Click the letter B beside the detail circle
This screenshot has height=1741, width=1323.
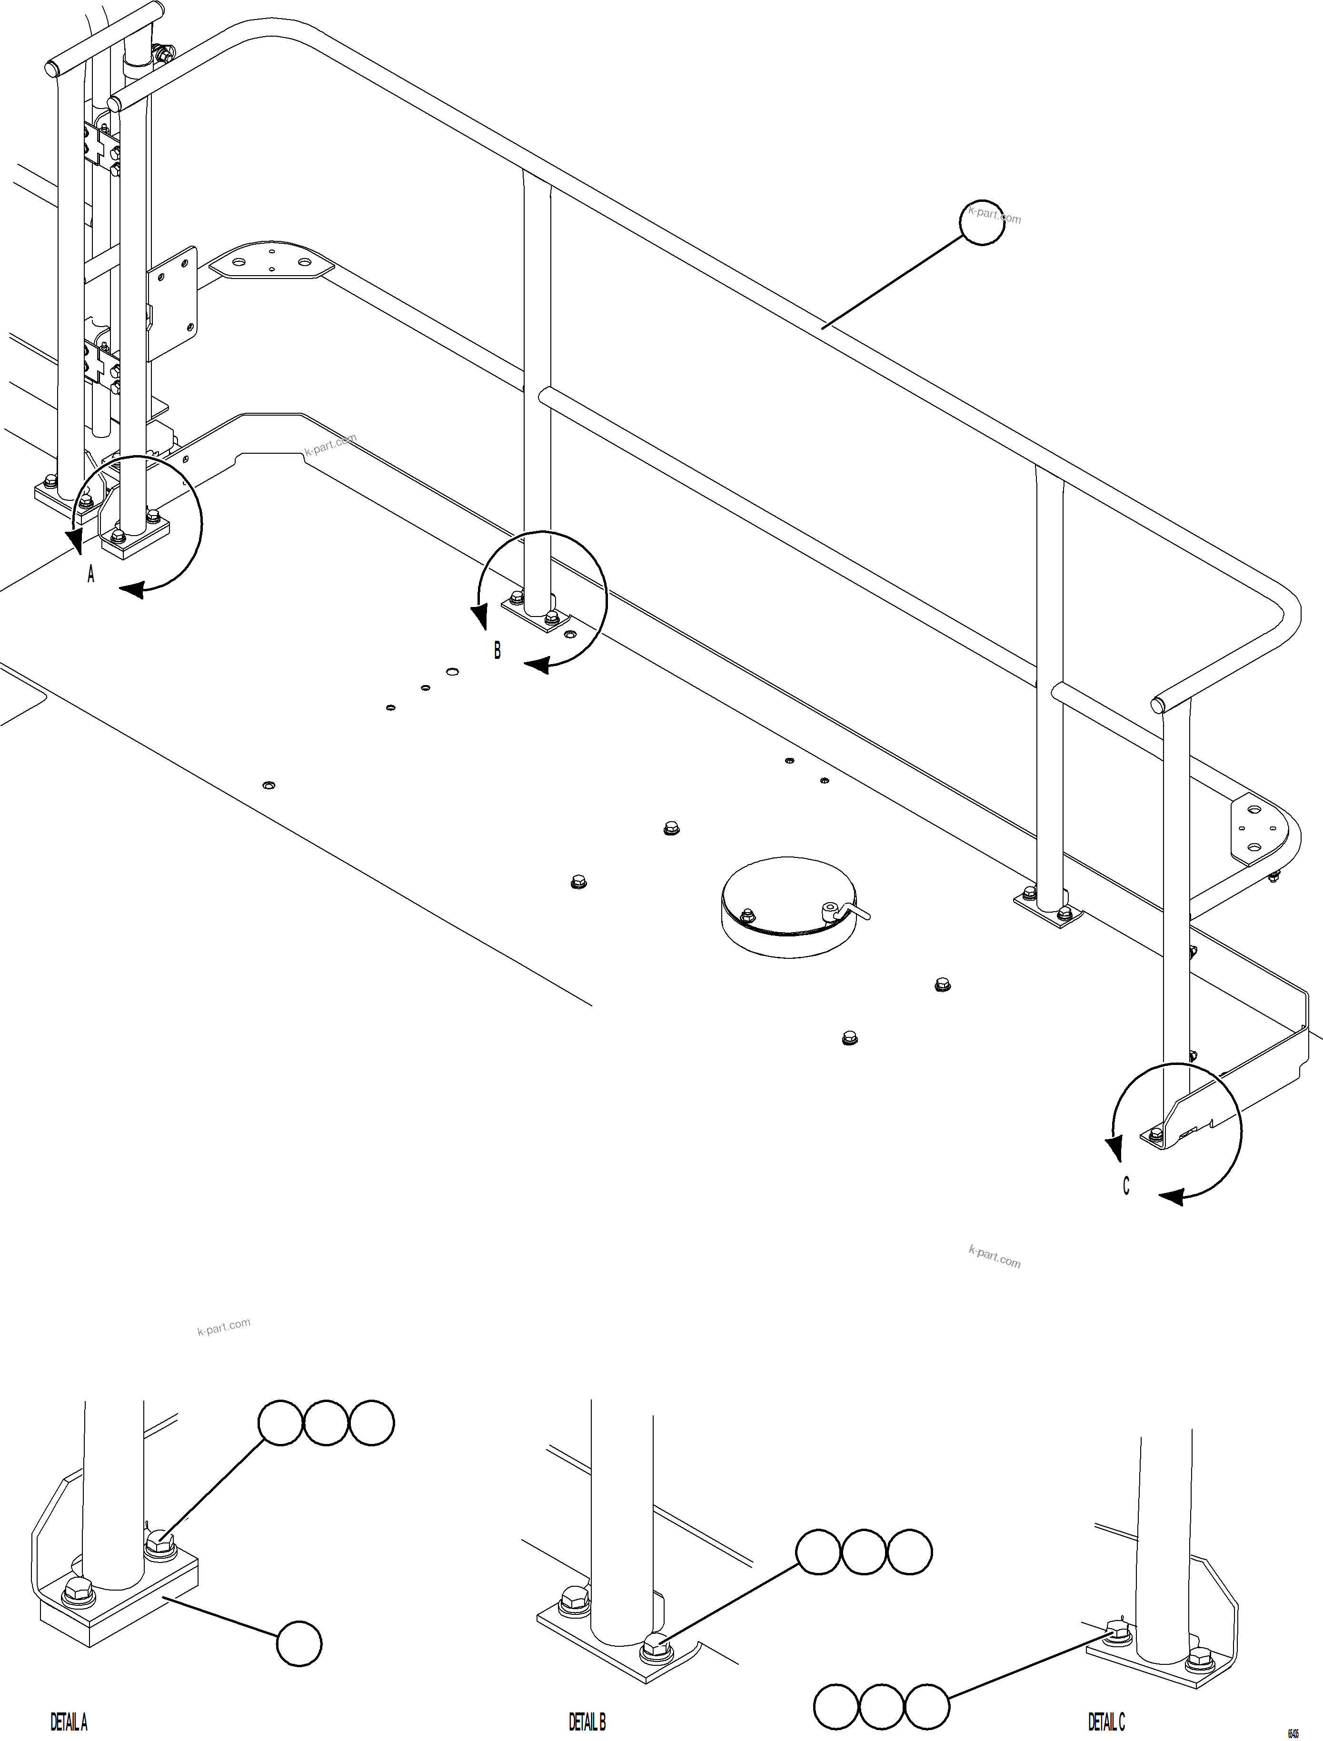pyautogui.click(x=497, y=650)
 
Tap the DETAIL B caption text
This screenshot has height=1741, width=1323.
pyautogui.click(x=587, y=1722)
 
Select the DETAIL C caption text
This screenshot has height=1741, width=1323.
pyautogui.click(x=1106, y=1722)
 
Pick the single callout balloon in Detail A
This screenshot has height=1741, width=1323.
pyautogui.click(x=299, y=1643)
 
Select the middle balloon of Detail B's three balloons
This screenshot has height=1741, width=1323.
pyautogui.click(x=864, y=1552)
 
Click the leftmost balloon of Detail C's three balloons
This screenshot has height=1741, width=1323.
pyautogui.click(x=836, y=1706)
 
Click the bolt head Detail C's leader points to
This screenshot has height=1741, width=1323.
pyautogui.click(x=1117, y=1630)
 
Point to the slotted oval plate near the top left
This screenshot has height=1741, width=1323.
pyautogui.click(x=271, y=260)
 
